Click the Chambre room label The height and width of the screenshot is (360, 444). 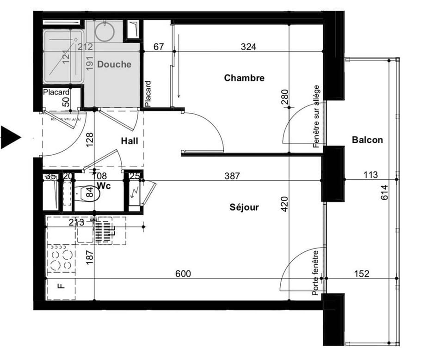point(244,78)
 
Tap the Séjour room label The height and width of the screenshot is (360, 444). point(244,207)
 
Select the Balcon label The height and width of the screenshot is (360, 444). point(367,140)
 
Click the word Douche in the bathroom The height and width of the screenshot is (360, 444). point(114,65)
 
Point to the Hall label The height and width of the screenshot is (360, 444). point(129,141)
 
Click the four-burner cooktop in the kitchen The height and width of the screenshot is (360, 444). point(61,260)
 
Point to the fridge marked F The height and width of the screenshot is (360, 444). point(60,286)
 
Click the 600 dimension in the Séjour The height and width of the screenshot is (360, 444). point(183,274)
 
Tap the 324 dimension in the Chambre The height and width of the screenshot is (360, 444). point(248,47)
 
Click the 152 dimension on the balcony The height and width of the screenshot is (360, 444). point(362,274)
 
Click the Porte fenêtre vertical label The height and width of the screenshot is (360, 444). point(316,273)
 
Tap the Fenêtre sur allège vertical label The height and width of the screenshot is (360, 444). point(317,116)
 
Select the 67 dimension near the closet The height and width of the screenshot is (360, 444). point(159,47)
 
